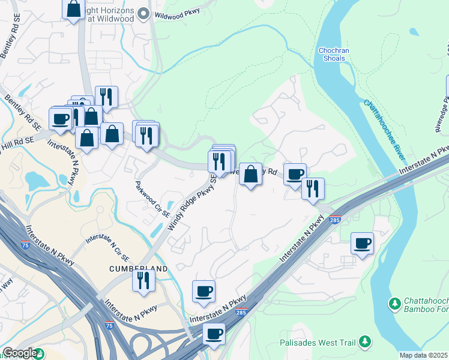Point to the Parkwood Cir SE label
pos(152,199)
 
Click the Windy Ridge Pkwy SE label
pos(192,203)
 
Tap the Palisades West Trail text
pos(318,344)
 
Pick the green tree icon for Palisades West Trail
pos(364,343)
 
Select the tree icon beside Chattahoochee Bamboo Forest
pos(395,304)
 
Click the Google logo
pos(20,353)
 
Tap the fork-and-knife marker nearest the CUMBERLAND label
pos(143,280)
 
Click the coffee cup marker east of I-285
pos(362,244)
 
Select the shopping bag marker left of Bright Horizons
pos(74,9)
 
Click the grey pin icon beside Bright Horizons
pos(142,13)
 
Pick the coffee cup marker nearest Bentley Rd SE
pos(60,118)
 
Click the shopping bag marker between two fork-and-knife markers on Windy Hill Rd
pos(250,175)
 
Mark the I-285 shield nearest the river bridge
pos(336,220)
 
